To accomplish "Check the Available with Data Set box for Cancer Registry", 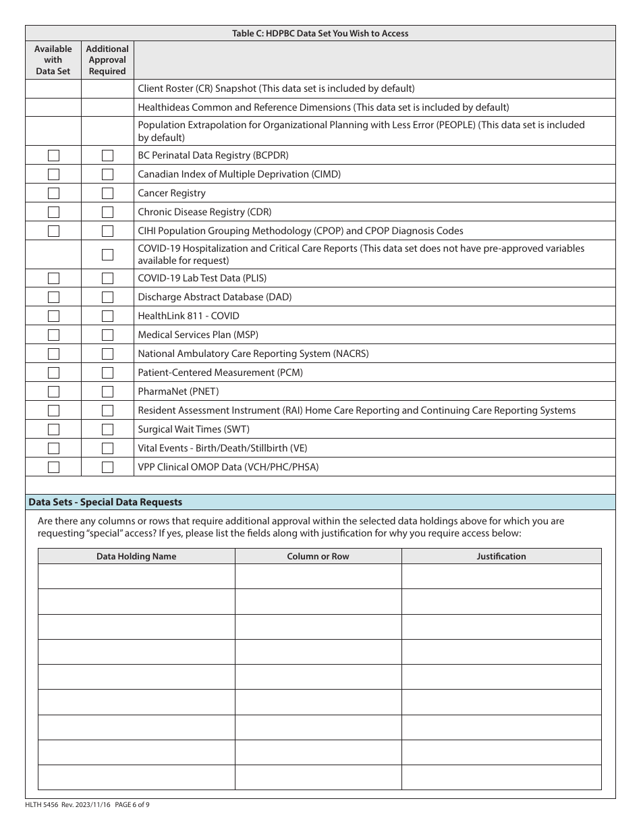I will click(53, 193).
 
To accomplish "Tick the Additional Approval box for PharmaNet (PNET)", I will click(107, 391).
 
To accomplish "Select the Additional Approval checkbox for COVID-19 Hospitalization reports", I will click(107, 254).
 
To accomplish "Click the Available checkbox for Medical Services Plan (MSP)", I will click(53, 335).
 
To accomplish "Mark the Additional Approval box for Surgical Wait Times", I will click(107, 429).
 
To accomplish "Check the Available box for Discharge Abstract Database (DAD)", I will click(53, 297).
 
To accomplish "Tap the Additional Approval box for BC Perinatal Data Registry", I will click(107, 155).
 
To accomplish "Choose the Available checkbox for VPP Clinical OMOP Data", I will click(53, 467).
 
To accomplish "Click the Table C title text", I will click(320, 33).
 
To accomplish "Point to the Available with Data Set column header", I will click(53, 60).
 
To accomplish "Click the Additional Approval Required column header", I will click(107, 60).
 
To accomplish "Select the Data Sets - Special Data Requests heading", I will click(105, 502).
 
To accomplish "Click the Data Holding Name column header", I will click(136, 556).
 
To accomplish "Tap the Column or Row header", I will click(318, 556).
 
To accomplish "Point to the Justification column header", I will click(501, 556).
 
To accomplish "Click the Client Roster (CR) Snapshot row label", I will click(276, 88).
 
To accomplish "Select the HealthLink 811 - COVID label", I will click(188, 316).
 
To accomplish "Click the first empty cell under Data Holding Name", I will click(136, 576).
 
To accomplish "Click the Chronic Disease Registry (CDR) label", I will click(204, 212).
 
